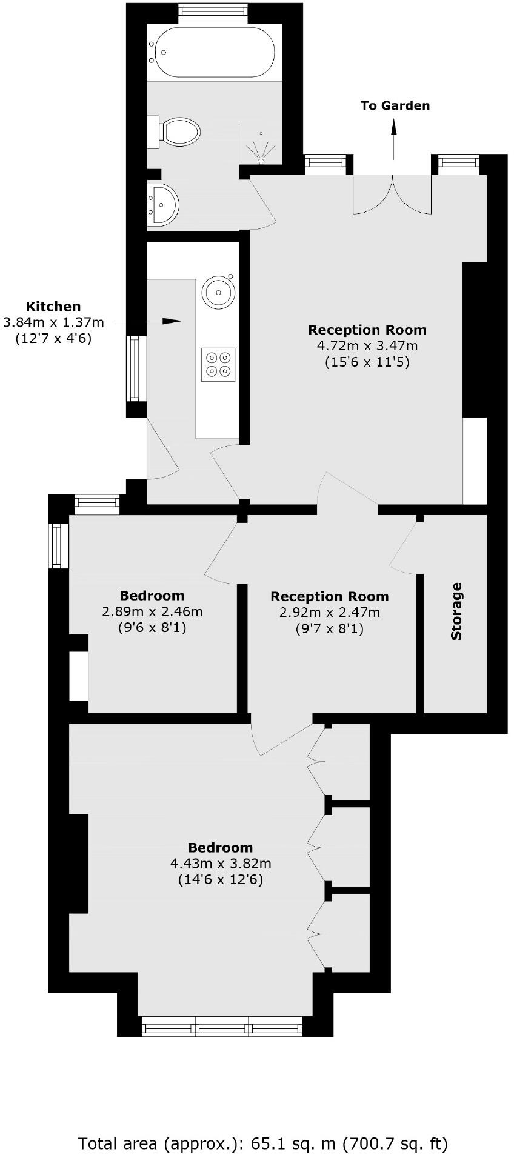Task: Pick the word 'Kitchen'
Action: [53, 307]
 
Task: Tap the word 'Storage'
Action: [456, 611]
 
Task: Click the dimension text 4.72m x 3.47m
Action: [367, 346]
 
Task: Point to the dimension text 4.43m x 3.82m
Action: [221, 864]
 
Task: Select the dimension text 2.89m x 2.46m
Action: [152, 611]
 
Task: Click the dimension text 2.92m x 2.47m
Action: [330, 613]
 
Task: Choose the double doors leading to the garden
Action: [393, 194]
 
